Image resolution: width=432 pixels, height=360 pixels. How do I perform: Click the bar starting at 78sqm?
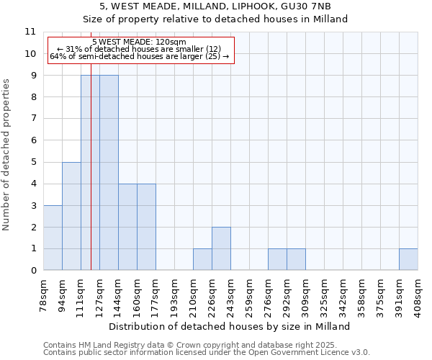(53, 238)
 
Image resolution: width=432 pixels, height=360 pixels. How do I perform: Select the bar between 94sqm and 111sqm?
(71, 216)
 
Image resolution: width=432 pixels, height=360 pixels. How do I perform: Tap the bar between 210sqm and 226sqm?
(202, 259)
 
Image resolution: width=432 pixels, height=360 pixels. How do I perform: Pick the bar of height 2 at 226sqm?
(221, 248)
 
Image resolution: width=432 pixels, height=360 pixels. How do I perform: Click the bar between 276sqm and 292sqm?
(277, 259)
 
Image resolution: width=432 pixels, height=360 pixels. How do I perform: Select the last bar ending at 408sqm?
(408, 259)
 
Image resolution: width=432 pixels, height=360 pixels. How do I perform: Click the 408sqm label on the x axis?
(418, 296)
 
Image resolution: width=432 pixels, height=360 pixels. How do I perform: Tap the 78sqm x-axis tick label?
(44, 296)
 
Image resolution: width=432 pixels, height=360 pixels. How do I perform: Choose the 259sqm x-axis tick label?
(250, 296)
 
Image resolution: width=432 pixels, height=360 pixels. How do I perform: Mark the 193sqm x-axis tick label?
(175, 296)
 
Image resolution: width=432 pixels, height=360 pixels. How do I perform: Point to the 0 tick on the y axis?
(33, 270)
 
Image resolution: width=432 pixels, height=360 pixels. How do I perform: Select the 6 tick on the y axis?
(33, 140)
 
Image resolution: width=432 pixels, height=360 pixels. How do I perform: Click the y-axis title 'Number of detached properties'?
(7, 155)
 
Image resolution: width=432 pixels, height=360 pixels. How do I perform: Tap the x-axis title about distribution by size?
(230, 326)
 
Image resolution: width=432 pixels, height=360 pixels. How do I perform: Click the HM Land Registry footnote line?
(200, 345)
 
